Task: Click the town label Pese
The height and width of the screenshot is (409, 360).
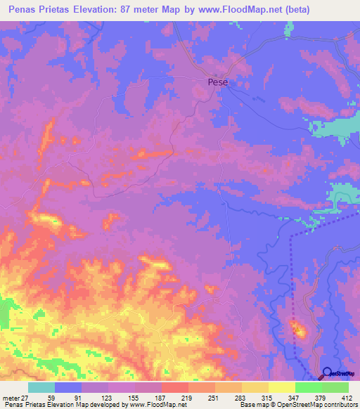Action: pos(218,82)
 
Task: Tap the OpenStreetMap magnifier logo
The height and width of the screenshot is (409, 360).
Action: pos(328,374)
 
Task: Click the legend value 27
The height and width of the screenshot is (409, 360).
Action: pos(27,398)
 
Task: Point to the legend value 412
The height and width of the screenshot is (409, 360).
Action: pos(346,398)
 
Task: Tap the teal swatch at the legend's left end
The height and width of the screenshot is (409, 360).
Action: pos(41,387)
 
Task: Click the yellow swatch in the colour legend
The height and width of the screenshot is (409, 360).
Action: pos(281,387)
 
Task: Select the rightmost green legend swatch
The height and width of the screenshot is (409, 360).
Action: pos(335,387)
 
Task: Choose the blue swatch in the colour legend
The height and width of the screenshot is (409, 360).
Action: pos(68,387)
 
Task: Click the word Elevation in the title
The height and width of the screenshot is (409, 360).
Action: pos(98,11)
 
